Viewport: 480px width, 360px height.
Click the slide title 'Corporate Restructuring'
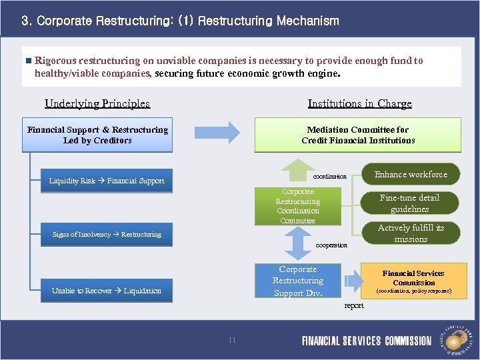click(x=180, y=21)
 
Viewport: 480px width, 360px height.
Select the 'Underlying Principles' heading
click(x=97, y=103)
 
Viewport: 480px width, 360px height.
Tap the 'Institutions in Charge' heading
click(x=359, y=103)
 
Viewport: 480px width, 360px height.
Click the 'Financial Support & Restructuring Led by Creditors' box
click(x=97, y=135)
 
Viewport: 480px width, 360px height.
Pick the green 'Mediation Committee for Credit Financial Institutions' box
click(x=358, y=135)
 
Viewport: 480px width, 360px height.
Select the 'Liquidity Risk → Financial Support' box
click(x=107, y=181)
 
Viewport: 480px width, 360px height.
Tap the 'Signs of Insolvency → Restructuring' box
click(x=107, y=234)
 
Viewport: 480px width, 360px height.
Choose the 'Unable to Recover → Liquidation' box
click(x=107, y=291)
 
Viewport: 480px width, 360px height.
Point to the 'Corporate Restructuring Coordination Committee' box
click(x=298, y=206)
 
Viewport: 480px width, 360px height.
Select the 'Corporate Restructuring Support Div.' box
click(x=298, y=281)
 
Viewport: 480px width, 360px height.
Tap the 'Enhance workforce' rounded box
click(x=411, y=175)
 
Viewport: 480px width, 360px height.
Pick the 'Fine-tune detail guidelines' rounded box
click(x=410, y=203)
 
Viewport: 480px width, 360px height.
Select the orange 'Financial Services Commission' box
click(x=413, y=281)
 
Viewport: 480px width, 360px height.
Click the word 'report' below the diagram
click(x=354, y=306)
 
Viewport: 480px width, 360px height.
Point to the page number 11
click(x=232, y=340)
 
